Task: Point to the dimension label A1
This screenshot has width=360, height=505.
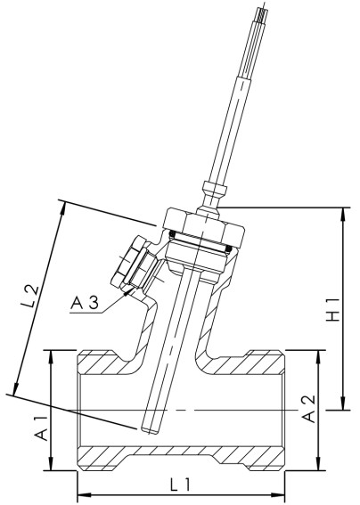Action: [x=39, y=433]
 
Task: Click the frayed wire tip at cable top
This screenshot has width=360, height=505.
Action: [x=260, y=12]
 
